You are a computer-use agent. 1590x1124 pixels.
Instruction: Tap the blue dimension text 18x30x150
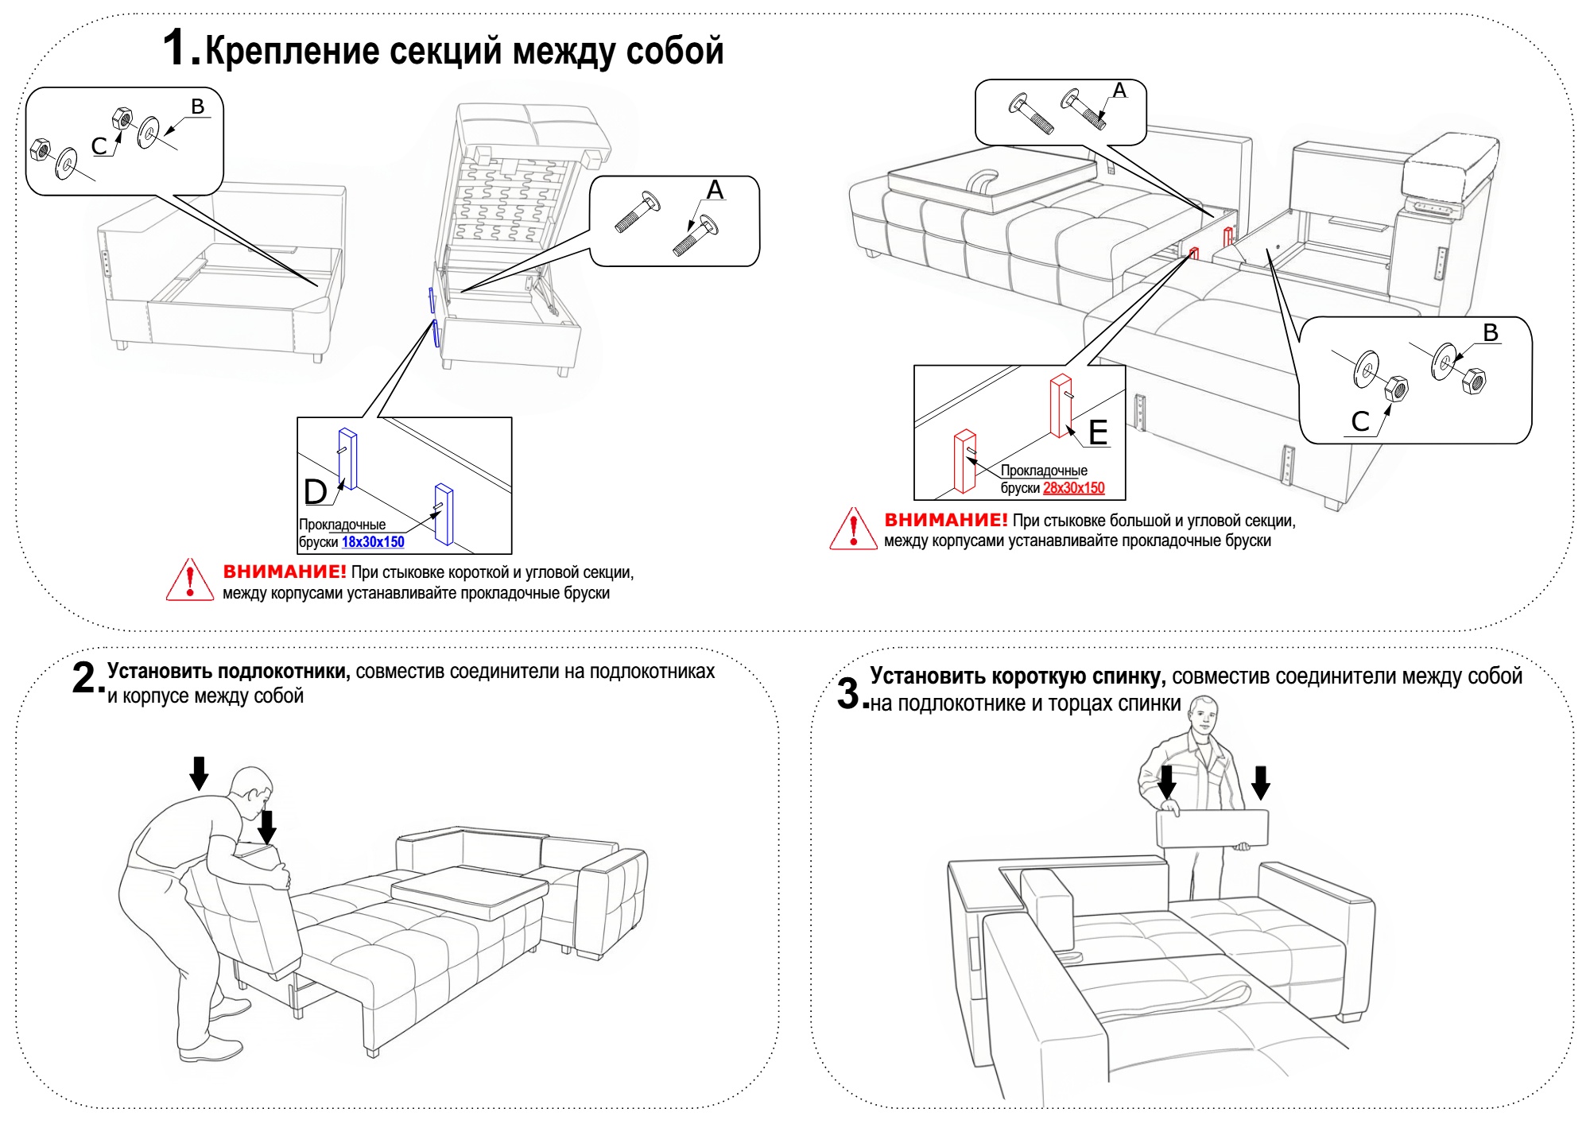[373, 542]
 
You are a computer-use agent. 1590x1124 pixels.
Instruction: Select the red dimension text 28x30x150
[1073, 488]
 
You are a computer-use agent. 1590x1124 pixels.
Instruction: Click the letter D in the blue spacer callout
[316, 492]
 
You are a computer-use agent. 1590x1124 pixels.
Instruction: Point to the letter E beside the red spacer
[1098, 433]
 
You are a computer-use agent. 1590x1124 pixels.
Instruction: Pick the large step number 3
[849, 693]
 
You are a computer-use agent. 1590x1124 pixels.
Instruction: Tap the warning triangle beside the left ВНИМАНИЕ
[190, 580]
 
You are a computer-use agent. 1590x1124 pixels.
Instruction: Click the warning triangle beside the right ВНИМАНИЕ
[853, 529]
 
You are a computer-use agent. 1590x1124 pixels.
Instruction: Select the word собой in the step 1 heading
[675, 52]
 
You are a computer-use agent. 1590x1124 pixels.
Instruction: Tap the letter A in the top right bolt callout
[1119, 91]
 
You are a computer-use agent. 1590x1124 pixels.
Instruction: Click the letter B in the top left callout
[198, 107]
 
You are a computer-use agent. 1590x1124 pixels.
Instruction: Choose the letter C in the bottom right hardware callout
[1360, 421]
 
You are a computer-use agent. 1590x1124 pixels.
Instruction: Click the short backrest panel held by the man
[1212, 828]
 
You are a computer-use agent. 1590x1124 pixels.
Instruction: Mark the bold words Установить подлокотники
[229, 672]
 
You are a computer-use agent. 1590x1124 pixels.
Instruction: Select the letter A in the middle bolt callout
[715, 190]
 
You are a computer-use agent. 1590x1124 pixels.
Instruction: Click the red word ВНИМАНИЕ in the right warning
[946, 521]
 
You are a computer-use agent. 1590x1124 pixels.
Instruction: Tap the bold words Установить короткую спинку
[1018, 676]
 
